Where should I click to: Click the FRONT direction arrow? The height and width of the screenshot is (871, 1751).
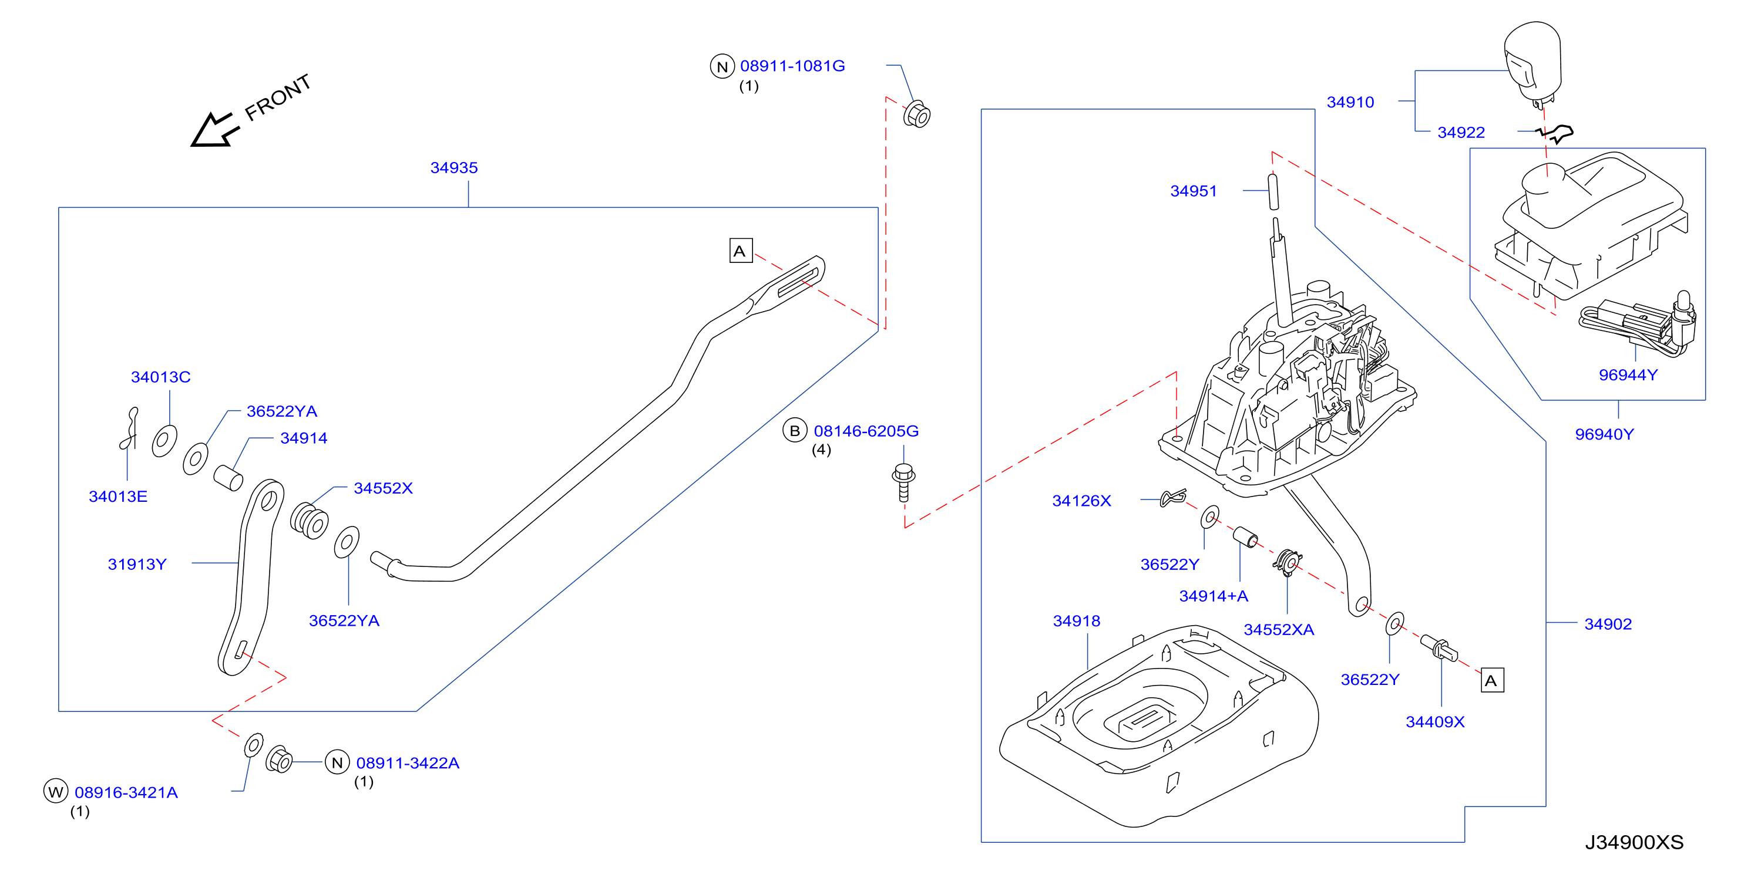(214, 130)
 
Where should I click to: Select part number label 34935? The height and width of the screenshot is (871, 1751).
(454, 168)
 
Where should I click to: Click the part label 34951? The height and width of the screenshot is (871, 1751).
(1194, 191)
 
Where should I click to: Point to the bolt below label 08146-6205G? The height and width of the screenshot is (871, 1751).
(903, 482)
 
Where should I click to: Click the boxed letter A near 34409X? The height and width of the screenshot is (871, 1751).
(1492, 680)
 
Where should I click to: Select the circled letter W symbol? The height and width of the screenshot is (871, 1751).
(56, 792)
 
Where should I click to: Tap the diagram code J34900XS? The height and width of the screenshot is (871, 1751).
(1634, 842)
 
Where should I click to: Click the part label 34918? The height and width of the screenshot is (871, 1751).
(1077, 621)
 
